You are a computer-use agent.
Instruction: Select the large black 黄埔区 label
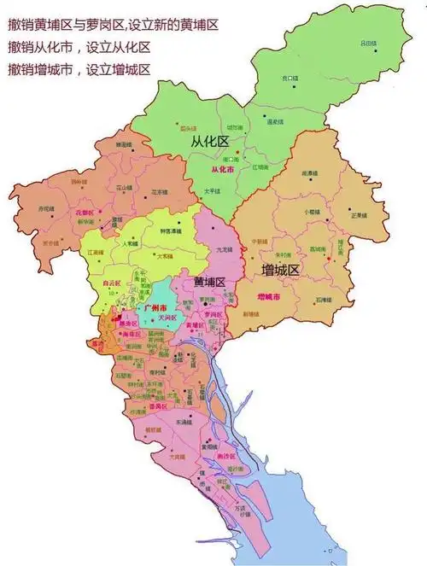tap(209, 282)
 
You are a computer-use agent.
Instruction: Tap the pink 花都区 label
tap(84, 211)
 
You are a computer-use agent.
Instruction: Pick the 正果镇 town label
tap(361, 215)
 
